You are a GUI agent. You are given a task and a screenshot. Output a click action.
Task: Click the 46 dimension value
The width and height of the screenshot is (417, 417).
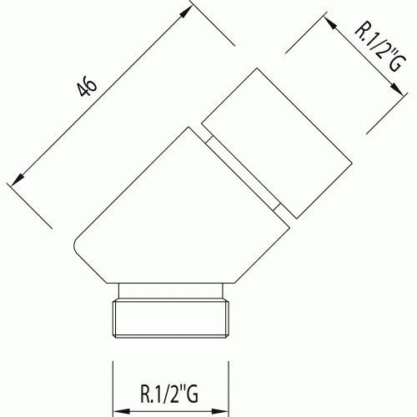pos(88,88)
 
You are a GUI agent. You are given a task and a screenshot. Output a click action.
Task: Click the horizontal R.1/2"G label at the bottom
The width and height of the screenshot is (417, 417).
pos(169,394)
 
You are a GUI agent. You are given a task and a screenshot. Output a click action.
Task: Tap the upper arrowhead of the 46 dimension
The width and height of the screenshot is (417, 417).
pos(185,11)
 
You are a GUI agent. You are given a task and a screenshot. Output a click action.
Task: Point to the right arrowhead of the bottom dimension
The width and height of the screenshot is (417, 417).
pos(219,411)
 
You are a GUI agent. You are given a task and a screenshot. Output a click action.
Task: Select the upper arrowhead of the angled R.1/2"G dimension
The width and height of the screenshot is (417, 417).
pos(330,23)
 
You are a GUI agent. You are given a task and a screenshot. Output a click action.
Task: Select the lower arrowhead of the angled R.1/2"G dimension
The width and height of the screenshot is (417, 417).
pos(396,89)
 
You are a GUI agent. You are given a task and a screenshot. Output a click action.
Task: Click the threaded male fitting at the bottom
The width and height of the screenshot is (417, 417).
pos(171,319)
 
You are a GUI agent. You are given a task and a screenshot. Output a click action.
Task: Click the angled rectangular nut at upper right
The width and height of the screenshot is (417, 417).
pos(277,143)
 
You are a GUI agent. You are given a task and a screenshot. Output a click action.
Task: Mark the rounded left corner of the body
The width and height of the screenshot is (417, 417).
pos(74,244)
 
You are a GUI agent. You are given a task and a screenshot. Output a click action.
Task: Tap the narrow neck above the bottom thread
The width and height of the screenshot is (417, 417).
pos(171,291)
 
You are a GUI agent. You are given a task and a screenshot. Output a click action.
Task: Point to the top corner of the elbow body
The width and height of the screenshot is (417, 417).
pos(188,128)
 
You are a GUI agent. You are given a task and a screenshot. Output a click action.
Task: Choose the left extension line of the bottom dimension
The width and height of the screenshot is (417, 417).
pos(113,389)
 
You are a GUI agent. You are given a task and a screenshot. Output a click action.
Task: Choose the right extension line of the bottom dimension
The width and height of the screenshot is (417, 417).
pos(229,389)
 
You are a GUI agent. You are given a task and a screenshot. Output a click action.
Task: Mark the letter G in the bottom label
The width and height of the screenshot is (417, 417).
pos(192,394)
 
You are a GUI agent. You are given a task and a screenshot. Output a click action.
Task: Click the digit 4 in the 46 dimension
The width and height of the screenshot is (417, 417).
pos(83,91)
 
